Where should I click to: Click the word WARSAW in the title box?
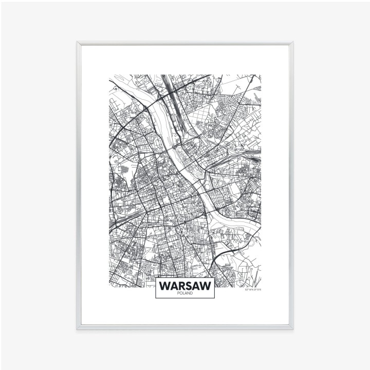[x=185, y=285]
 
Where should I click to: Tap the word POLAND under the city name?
[x=185, y=293]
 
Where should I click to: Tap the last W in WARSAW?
[x=205, y=285]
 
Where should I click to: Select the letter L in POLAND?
[x=183, y=293]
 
